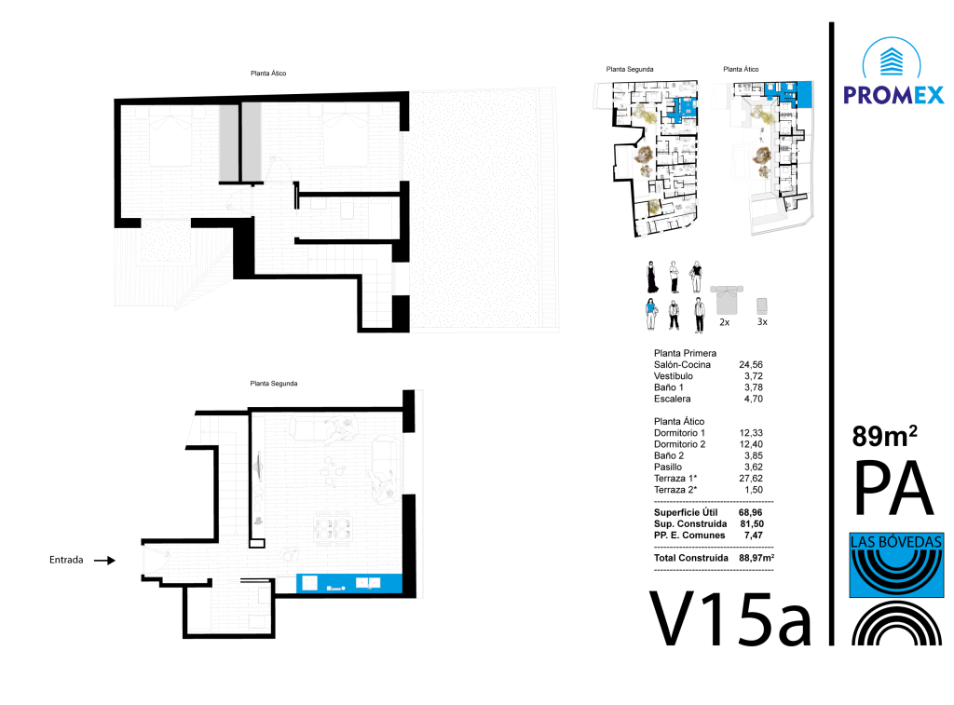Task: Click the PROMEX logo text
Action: click(x=893, y=95)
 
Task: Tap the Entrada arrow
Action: click(x=104, y=561)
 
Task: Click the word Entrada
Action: click(x=66, y=560)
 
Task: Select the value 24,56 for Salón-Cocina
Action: click(x=751, y=365)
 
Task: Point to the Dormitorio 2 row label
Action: click(x=679, y=444)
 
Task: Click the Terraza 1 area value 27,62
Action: click(x=751, y=478)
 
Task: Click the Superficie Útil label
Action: click(x=686, y=513)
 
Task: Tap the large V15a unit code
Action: click(x=730, y=618)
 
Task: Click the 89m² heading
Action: click(x=885, y=436)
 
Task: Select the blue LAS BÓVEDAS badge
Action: click(x=896, y=565)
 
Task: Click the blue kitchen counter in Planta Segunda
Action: click(x=348, y=583)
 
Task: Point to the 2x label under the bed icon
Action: click(x=725, y=322)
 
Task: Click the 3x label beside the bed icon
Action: click(x=762, y=322)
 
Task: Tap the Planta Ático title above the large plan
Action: click(x=268, y=73)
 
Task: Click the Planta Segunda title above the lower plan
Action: click(x=274, y=383)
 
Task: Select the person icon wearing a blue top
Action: click(x=651, y=314)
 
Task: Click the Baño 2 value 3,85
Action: click(x=753, y=455)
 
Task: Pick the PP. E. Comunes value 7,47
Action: click(x=753, y=536)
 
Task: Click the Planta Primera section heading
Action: click(x=685, y=353)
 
